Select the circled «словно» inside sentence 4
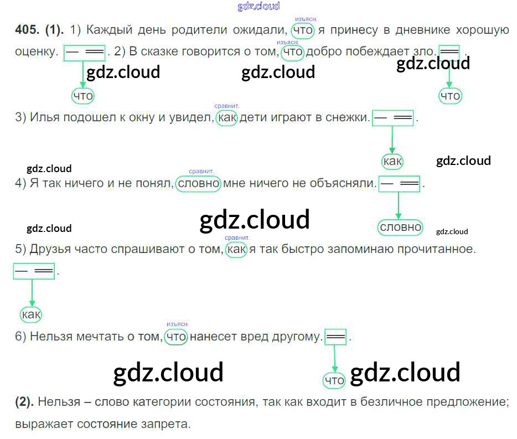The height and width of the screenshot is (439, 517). pyautogui.click(x=198, y=183)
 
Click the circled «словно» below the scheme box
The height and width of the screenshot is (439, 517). pyautogui.click(x=400, y=227)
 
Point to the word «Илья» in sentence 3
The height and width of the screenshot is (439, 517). pyautogui.click(x=43, y=117)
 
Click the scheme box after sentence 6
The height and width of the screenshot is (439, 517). pyautogui.click(x=336, y=337)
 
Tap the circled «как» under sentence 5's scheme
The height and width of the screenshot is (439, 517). pyautogui.click(x=31, y=315)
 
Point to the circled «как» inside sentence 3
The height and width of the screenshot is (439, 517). pyautogui.click(x=226, y=117)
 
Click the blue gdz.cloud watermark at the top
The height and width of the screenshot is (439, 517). pyautogui.click(x=258, y=6)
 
